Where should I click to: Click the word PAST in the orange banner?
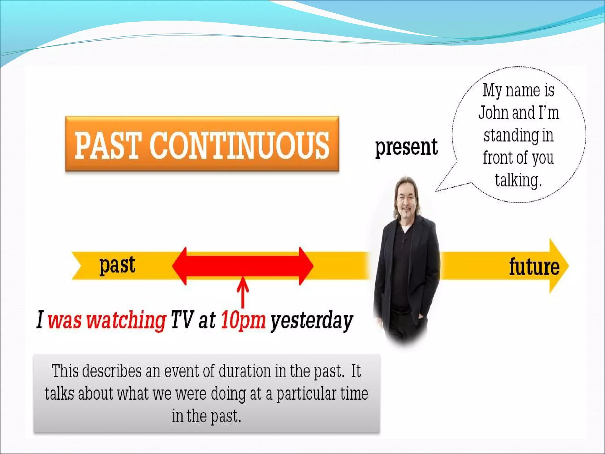point(107,145)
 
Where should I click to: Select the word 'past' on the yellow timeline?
point(117,265)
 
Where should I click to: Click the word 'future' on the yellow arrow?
point(534,267)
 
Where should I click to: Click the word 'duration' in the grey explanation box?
point(245,371)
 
